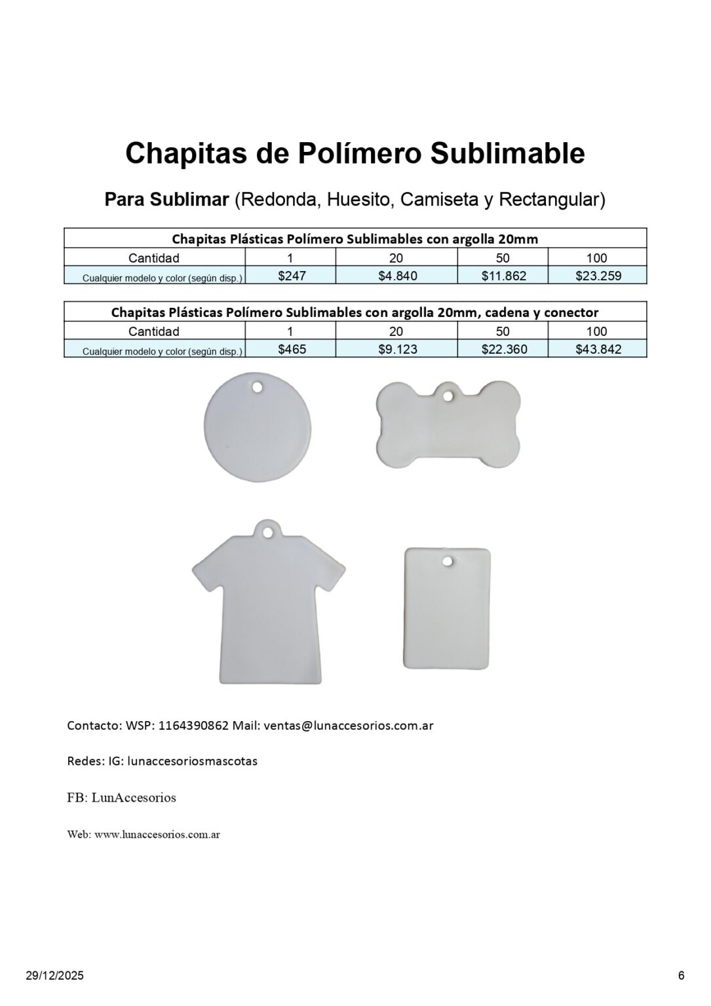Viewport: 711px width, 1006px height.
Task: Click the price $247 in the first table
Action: point(292,276)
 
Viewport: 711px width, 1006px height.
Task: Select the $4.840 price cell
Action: point(397,276)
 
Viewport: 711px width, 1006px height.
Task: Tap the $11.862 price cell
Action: point(503,276)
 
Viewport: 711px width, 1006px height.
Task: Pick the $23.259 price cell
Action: point(598,276)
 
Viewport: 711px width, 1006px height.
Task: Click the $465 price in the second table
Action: point(292,349)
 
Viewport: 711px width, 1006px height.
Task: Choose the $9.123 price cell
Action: point(397,349)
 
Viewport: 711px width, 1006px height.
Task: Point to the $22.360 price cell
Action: point(503,349)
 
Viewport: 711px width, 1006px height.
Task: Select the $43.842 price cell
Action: point(598,349)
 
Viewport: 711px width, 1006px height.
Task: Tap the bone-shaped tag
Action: point(448,426)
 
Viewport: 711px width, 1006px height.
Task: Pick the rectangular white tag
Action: point(447,609)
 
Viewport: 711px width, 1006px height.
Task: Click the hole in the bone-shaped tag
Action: point(448,396)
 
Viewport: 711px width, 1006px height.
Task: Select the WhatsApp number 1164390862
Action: point(193,726)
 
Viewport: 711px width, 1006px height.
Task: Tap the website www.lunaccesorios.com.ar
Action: point(157,834)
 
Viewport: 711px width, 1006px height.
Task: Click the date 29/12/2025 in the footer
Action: point(55,976)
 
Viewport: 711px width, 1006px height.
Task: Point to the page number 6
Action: point(682,976)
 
